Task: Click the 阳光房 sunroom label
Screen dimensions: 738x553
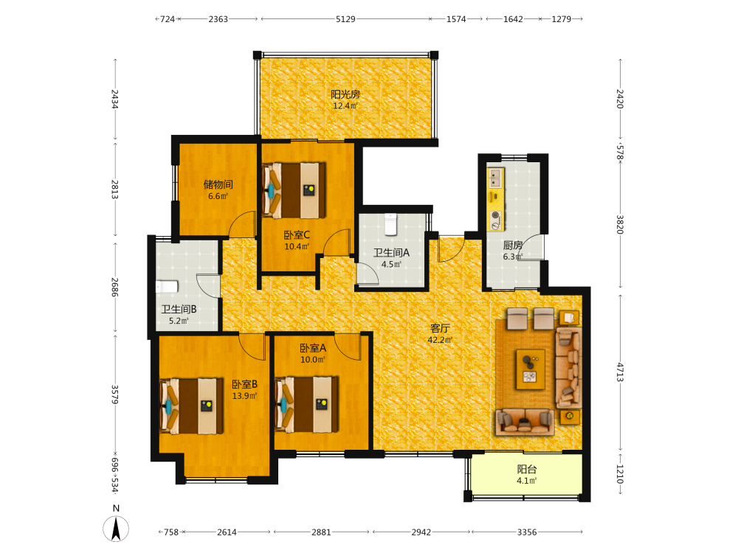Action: (x=345, y=94)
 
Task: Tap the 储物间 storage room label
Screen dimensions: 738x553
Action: (x=218, y=185)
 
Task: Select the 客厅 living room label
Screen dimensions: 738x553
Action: (x=440, y=328)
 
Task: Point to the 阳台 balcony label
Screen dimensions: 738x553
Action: (x=527, y=469)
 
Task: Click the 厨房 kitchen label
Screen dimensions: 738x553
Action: (x=513, y=245)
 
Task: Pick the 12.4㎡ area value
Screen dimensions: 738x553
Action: (x=345, y=105)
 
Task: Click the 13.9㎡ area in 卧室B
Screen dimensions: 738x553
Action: (x=244, y=396)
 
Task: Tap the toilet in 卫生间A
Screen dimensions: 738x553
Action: (x=391, y=224)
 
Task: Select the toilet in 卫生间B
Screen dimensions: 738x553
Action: (x=167, y=286)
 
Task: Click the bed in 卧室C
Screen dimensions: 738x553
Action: (x=294, y=190)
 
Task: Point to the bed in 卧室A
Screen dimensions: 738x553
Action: (x=306, y=404)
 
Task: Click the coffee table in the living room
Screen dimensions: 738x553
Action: (x=531, y=369)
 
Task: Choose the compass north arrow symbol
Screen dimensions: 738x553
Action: (x=116, y=529)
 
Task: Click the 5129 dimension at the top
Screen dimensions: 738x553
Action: (x=345, y=19)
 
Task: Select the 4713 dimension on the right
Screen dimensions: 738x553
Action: (x=620, y=372)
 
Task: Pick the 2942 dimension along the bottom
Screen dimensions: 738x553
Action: (x=421, y=532)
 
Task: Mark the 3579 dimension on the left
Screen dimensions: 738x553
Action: (x=115, y=394)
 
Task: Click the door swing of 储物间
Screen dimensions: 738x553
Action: (x=242, y=224)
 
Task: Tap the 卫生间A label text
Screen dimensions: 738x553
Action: (x=391, y=253)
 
